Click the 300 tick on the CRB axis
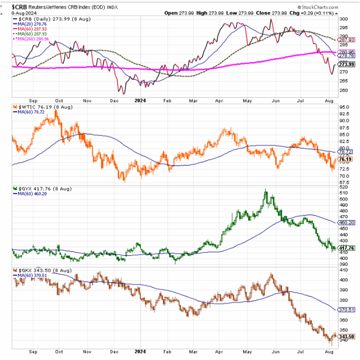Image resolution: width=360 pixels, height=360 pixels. click(343, 18)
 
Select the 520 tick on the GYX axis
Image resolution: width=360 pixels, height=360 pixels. click(343, 188)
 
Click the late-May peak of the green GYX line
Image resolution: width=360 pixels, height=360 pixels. click(265, 190)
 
